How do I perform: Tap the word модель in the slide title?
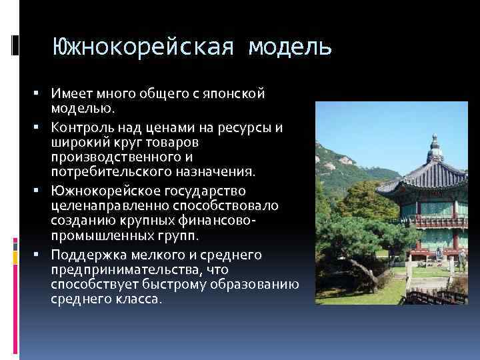click(x=289, y=47)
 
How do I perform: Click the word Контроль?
click(x=78, y=128)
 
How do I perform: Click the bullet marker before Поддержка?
click(x=42, y=255)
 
